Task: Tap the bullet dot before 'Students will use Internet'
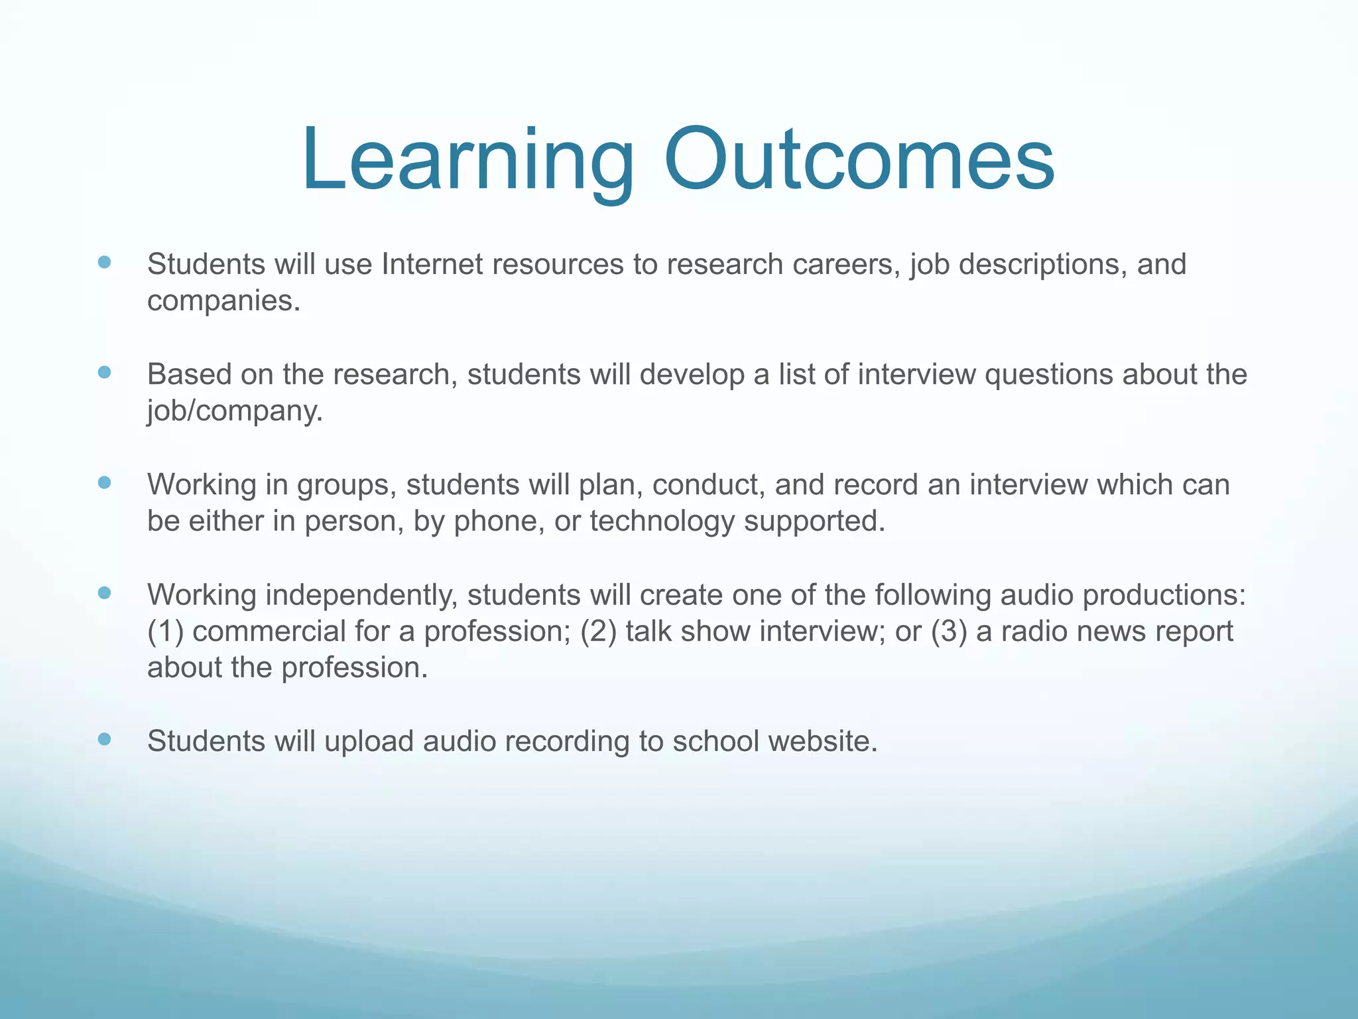point(104,262)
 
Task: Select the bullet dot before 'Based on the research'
point(104,372)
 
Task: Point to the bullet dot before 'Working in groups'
point(104,482)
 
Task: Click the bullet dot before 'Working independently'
point(104,592)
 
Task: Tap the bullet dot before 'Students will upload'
point(104,739)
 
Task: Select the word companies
point(223,302)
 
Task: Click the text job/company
point(235,411)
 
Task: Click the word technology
point(662,521)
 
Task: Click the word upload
point(369,742)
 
